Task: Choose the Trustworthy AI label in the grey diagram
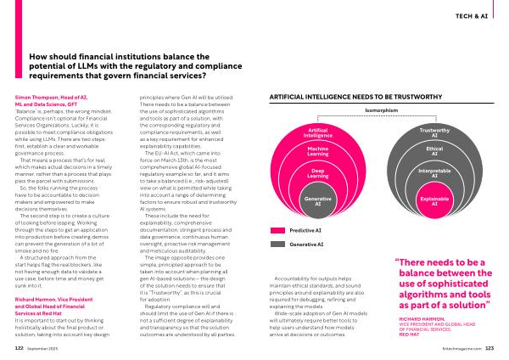[x=434, y=132]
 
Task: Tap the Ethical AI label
[x=434, y=151]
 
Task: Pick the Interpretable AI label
[x=434, y=174]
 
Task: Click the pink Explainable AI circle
[x=434, y=200]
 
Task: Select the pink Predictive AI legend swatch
[x=277, y=230]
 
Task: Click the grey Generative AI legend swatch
[x=277, y=245]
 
